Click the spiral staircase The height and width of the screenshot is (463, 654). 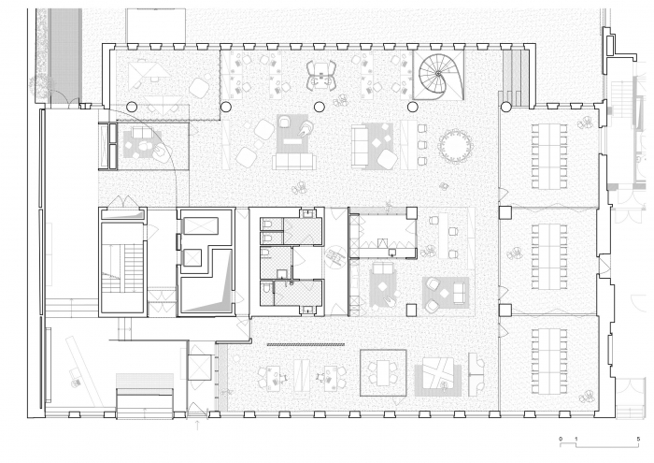[x=440, y=76]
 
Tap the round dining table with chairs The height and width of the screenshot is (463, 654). [x=455, y=146]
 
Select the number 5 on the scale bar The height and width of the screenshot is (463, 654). [x=638, y=439]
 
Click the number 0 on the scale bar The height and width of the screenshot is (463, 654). [x=561, y=439]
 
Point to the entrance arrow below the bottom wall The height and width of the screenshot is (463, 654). [x=197, y=425]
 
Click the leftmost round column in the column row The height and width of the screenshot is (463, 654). [x=132, y=107]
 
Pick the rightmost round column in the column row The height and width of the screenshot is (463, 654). [x=506, y=107]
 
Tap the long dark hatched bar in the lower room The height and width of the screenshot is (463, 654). [x=306, y=344]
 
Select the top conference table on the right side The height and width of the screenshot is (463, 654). [x=549, y=155]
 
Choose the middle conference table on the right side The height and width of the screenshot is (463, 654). [x=549, y=256]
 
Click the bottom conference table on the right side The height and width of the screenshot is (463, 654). [x=549, y=361]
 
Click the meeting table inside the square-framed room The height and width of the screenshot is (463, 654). [x=383, y=373]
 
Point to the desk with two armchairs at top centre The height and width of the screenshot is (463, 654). [x=321, y=76]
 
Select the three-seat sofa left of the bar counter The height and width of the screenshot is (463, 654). [x=360, y=146]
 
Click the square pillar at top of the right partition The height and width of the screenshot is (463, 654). [x=505, y=213]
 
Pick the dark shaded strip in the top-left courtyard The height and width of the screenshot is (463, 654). [x=65, y=58]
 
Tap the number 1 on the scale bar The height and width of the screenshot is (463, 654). [x=576, y=439]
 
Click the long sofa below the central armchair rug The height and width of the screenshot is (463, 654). [x=293, y=162]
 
